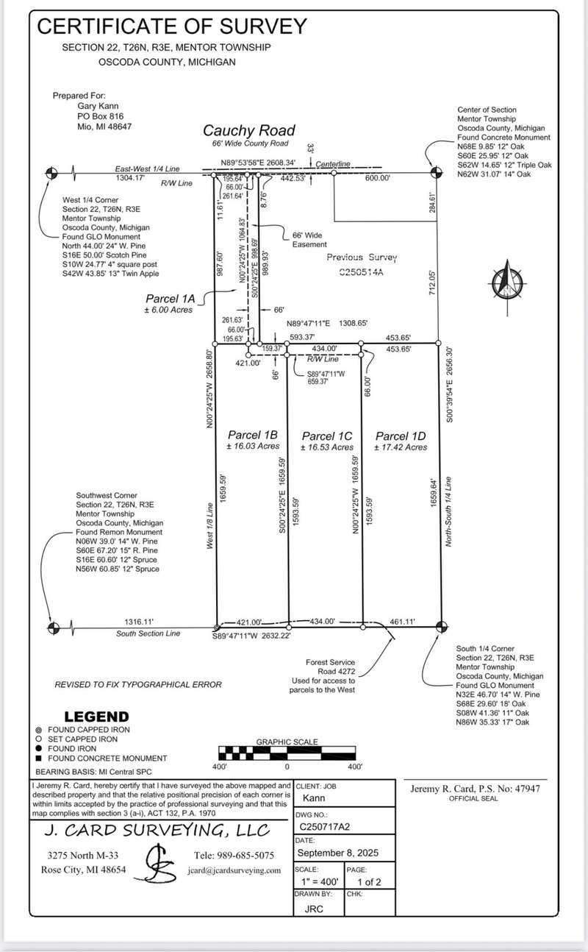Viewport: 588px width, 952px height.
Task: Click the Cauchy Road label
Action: point(249,130)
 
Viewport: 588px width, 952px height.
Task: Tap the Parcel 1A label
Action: point(169,299)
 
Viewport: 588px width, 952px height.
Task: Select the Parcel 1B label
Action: point(252,435)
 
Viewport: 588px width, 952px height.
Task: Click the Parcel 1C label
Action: point(327,436)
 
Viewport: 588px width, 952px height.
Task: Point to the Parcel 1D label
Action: point(400,436)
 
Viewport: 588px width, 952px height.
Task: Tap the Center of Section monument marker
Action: point(434,173)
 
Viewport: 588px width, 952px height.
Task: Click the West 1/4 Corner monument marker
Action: point(51,173)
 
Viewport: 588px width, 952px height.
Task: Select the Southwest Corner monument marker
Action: point(52,627)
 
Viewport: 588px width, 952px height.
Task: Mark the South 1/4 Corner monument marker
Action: point(441,627)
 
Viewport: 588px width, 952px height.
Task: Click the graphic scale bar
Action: point(287,753)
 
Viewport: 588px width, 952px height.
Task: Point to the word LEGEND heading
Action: point(96,717)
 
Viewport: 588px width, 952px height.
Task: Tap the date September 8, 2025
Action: point(335,853)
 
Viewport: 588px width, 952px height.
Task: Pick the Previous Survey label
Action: point(362,257)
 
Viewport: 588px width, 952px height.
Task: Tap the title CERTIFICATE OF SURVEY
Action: point(172,26)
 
